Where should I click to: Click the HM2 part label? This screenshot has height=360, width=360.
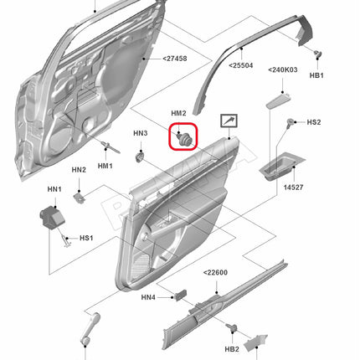tap(178, 113)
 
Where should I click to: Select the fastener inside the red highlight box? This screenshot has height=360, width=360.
tap(184, 139)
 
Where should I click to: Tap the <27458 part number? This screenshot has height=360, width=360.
tap(175, 59)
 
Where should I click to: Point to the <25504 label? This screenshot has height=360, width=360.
tap(241, 65)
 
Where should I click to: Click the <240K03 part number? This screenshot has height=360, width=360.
tap(283, 69)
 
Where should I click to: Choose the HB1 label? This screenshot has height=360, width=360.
tap(316, 75)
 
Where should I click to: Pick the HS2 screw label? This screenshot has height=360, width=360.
tap(314, 122)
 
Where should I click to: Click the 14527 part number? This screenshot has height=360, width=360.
tap(293, 188)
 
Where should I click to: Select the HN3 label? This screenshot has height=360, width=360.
tap(140, 133)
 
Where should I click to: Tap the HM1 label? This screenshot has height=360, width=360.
tap(105, 166)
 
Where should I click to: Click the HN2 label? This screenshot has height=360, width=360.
tap(79, 170)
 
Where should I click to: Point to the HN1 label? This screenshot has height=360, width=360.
tap(54, 189)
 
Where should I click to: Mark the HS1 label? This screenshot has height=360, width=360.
tap(86, 238)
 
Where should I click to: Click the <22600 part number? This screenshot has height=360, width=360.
tap(215, 272)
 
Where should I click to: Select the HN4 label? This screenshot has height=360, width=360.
tap(148, 297)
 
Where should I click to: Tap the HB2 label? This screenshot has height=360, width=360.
tap(232, 349)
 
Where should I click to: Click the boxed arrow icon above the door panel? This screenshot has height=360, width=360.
tap(229, 121)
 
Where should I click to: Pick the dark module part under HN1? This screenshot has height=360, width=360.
tap(52, 217)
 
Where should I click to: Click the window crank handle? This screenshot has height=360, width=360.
tap(90, 329)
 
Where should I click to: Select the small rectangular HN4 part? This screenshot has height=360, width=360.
tap(180, 296)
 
